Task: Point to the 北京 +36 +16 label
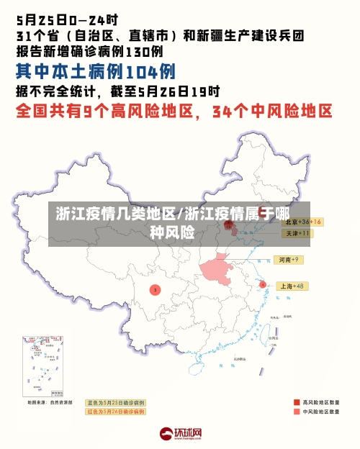click(301, 222)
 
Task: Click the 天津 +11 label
click(297, 233)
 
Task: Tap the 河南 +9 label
click(289, 259)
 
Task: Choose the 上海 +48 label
click(292, 286)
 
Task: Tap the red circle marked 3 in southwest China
click(155, 289)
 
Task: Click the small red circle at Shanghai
click(263, 285)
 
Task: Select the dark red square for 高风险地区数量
click(297, 402)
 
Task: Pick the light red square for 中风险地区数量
click(297, 412)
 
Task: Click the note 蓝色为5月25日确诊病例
click(115, 402)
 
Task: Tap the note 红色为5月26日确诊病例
click(115, 412)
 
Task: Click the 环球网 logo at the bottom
click(180, 434)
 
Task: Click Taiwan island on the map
click(274, 332)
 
